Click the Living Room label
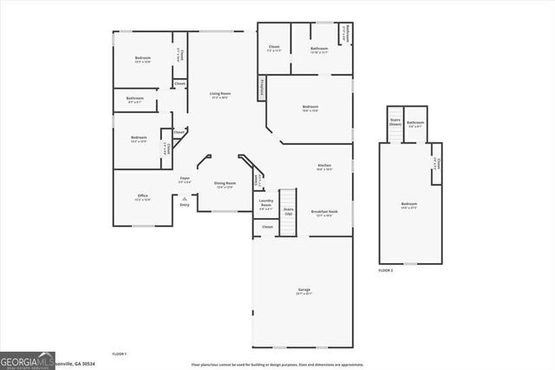(219, 95)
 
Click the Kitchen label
(323, 166)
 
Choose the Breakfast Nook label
(323, 213)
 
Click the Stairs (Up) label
(289, 211)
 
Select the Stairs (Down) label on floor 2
(395, 122)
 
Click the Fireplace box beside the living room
(261, 88)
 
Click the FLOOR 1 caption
(120, 354)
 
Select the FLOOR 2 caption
(386, 272)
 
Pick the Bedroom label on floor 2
(408, 205)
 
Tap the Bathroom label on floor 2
(415, 124)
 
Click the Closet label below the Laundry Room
(267, 227)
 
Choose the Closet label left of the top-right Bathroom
(274, 48)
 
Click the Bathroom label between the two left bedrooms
(134, 100)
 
